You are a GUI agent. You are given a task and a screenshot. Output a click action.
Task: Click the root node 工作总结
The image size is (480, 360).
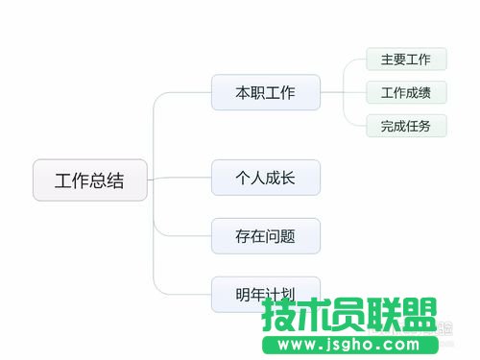coord(89,180)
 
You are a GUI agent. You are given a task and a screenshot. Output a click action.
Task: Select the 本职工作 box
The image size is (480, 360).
coord(265,93)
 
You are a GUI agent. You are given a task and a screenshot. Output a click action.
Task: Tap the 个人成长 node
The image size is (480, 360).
coord(265,178)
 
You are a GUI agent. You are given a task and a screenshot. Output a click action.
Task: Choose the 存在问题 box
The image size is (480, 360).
coord(265,235)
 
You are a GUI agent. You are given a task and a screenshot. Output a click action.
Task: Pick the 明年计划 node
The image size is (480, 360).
coord(265,293)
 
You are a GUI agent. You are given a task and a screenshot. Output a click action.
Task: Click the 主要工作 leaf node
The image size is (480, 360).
coord(406,60)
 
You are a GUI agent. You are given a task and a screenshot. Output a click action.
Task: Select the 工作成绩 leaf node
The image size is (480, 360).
coord(406,93)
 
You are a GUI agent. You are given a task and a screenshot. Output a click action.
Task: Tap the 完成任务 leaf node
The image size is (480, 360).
coord(406,126)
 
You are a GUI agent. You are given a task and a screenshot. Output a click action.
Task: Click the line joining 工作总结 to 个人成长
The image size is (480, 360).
coord(182,178)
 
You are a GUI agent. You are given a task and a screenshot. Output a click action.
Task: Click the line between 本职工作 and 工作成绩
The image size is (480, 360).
coord(343,93)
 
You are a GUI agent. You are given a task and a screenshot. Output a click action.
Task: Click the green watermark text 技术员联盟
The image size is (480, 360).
coord(349,316)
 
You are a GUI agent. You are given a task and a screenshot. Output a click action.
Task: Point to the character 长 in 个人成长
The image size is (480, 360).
coord(285,178)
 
